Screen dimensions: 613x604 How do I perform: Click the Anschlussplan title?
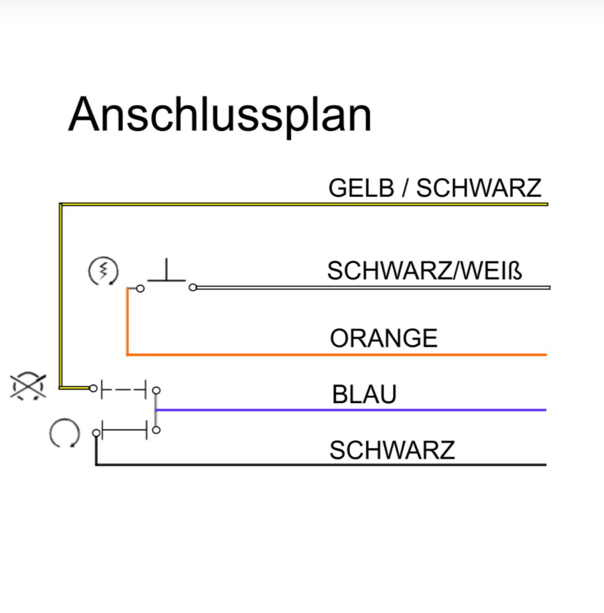click(220, 114)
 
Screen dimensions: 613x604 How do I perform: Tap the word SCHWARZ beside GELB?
click(478, 188)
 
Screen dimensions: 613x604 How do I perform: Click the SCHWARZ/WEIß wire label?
click(424, 271)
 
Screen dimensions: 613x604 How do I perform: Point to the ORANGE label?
click(384, 339)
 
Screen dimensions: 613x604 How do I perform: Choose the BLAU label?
click(364, 395)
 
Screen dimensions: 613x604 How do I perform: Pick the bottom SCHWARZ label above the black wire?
click(392, 451)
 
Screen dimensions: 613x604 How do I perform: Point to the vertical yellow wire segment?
click(60, 295)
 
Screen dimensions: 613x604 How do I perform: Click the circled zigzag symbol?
click(103, 271)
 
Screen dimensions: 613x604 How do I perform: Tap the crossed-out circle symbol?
click(28, 387)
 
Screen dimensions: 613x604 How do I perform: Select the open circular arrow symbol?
click(64, 434)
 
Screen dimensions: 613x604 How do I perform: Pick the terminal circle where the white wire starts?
click(193, 287)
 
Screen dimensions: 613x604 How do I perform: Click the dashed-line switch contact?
click(124, 389)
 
